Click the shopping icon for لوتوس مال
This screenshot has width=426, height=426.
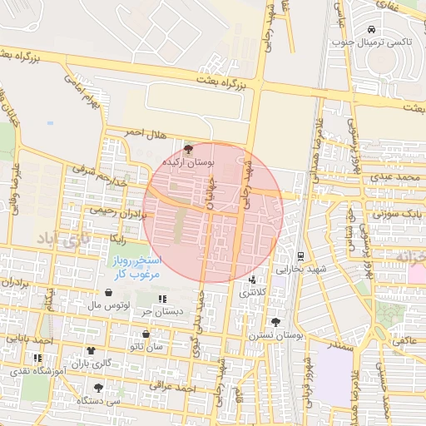pos(111,293)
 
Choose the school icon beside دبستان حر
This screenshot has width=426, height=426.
pos(161,298)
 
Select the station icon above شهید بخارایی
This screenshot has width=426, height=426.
pos(300,256)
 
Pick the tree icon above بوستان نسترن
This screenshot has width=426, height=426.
pos(275,321)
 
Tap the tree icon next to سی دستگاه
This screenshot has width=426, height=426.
pos(99,387)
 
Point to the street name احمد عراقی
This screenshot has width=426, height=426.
pos(173,386)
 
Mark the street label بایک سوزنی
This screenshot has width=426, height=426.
pos(398,214)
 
